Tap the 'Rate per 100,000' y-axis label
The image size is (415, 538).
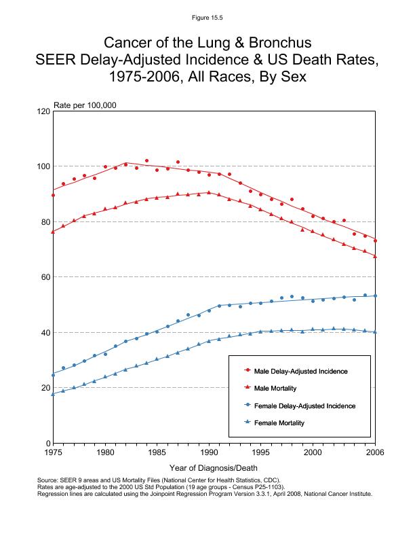click(x=85, y=105)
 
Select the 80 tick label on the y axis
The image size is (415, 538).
click(x=45, y=221)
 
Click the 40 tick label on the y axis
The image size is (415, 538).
click(x=45, y=332)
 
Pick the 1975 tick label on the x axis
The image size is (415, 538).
click(x=53, y=452)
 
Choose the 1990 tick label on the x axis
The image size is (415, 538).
click(x=208, y=452)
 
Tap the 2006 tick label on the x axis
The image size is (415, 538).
click(x=374, y=452)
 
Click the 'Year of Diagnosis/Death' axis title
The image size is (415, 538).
click(x=213, y=468)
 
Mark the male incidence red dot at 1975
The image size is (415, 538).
click(x=53, y=196)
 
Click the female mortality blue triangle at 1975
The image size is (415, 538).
click(x=53, y=394)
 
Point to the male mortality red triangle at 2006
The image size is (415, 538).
click(x=375, y=256)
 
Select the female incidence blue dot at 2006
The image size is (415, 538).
click(x=375, y=295)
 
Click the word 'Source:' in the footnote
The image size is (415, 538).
click(x=48, y=480)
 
